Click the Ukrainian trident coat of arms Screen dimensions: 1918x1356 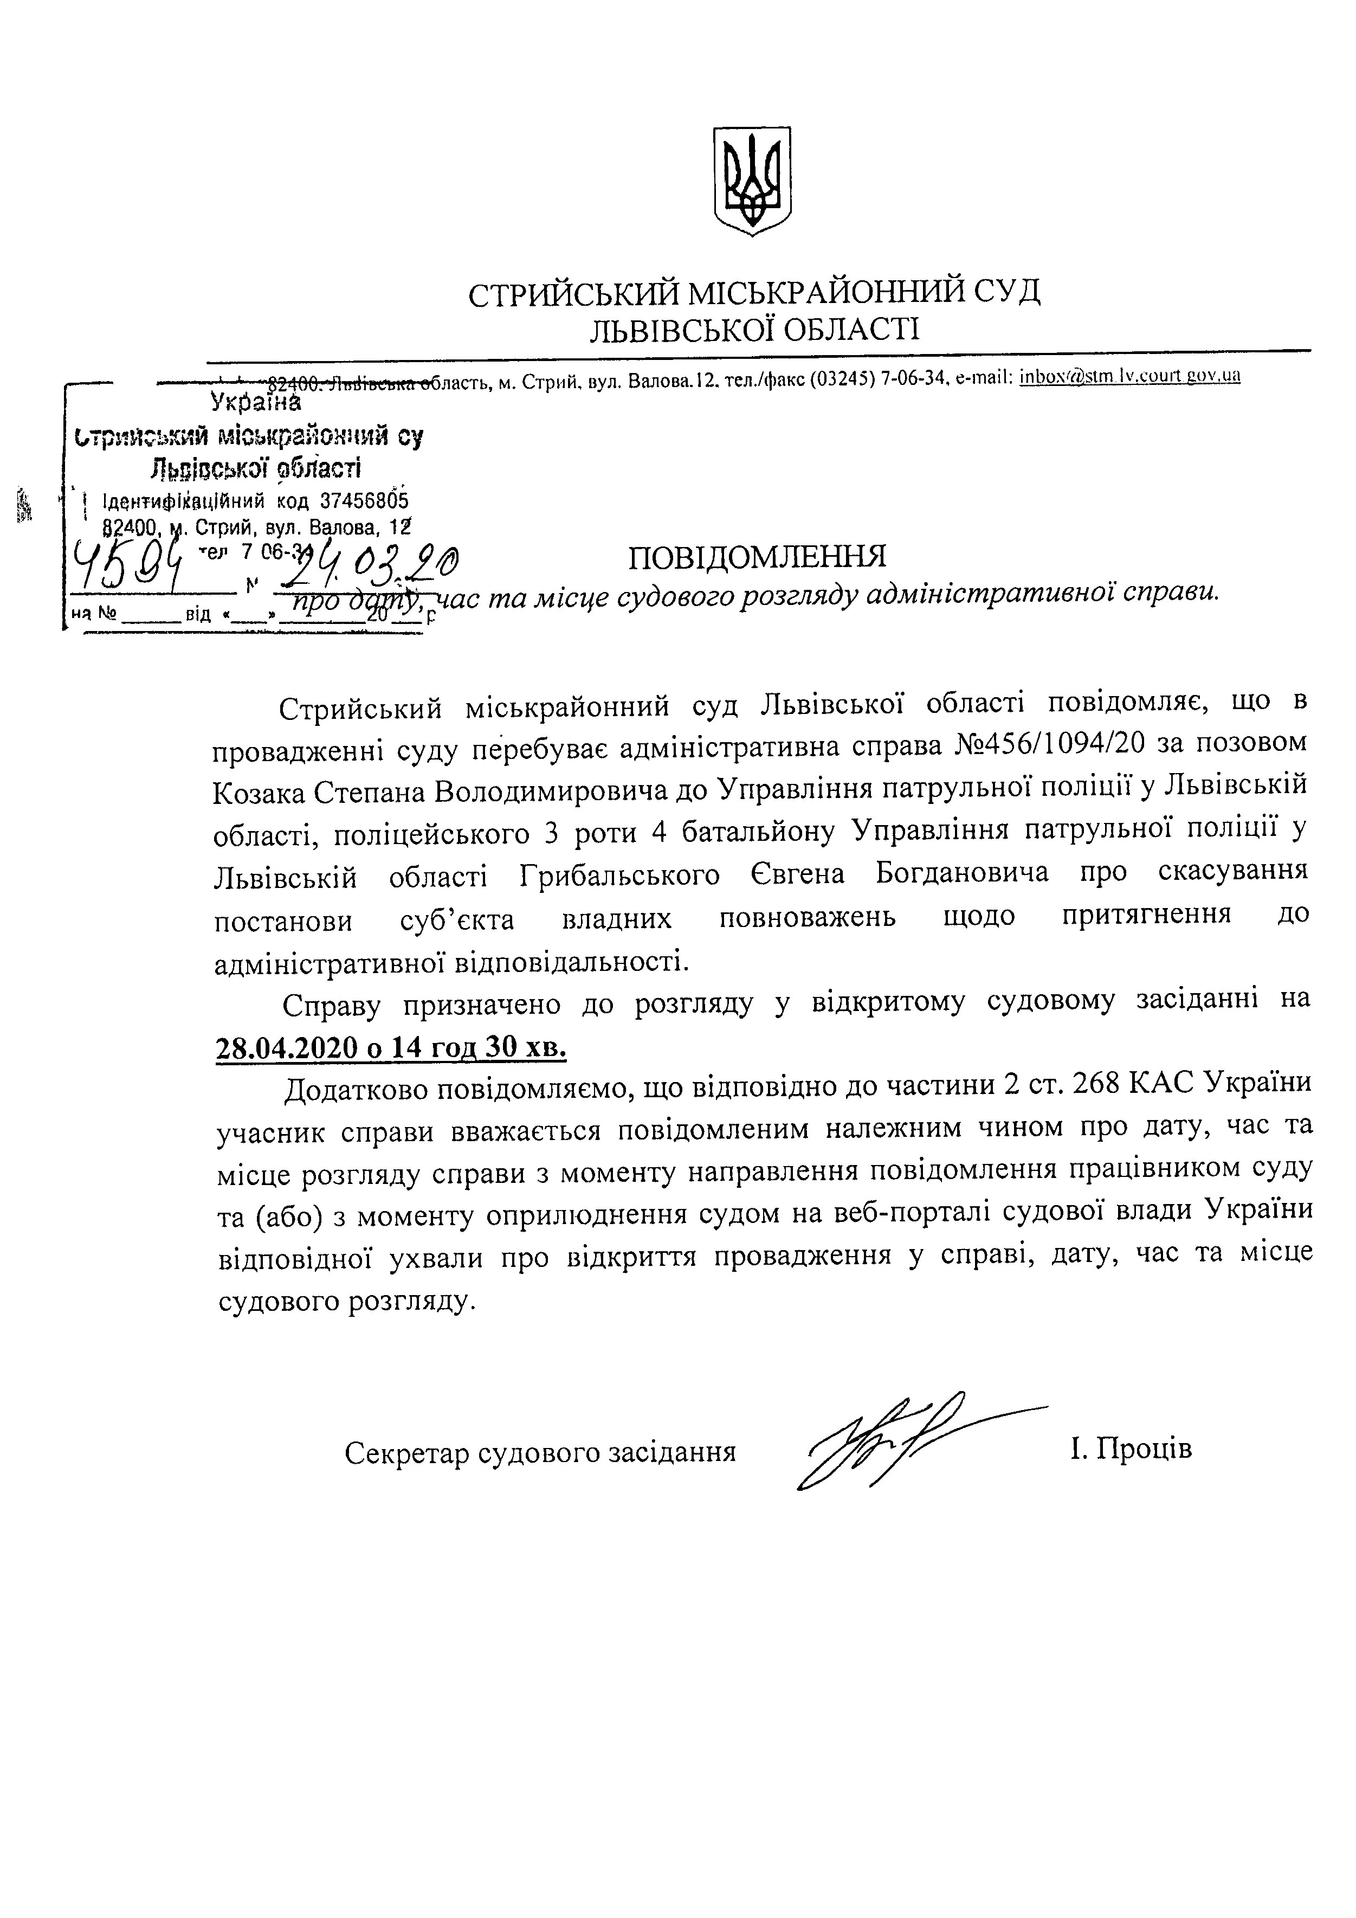(x=752, y=181)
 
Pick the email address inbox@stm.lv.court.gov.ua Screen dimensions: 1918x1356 (x=1129, y=377)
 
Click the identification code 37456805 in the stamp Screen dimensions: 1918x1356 (x=364, y=501)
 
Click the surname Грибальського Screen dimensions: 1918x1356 (x=619, y=874)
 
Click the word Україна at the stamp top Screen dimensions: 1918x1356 (x=255, y=403)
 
